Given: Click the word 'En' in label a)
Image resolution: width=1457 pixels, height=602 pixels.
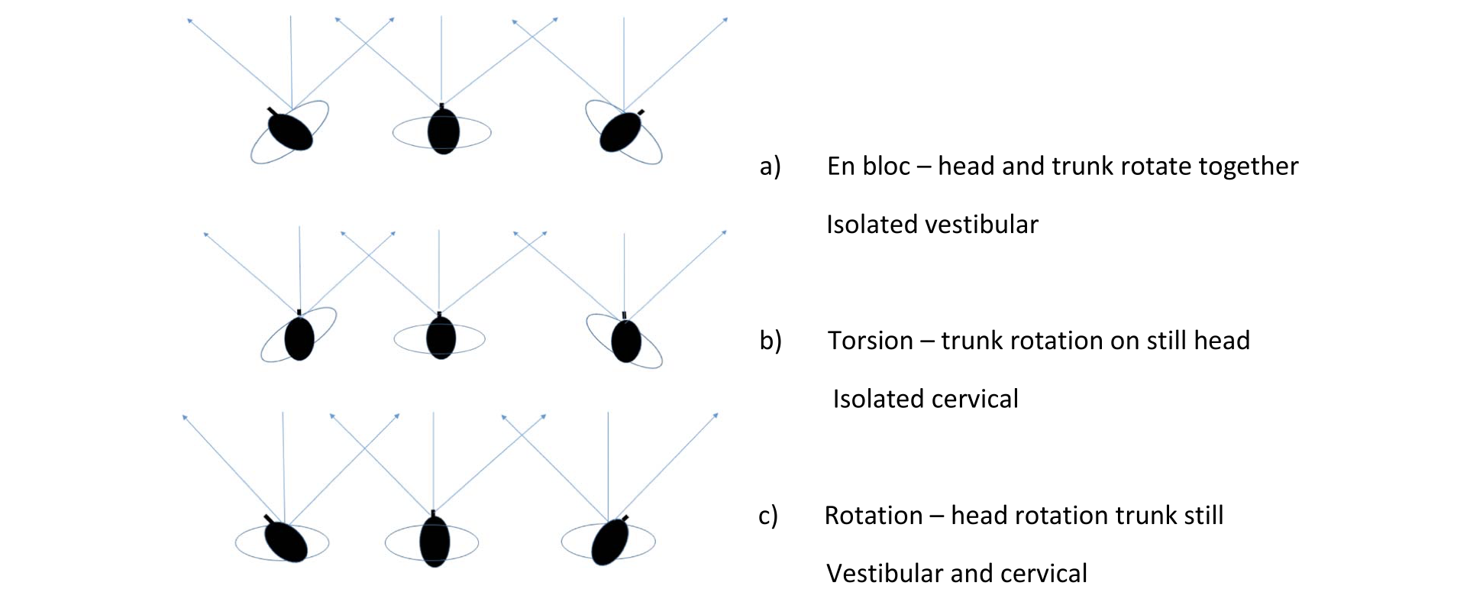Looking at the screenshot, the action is pyautogui.click(x=841, y=166).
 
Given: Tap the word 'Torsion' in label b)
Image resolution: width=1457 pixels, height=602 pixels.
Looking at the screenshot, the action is pyautogui.click(x=871, y=341).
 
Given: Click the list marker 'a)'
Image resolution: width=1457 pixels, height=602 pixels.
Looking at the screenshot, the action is pyautogui.click(x=770, y=167).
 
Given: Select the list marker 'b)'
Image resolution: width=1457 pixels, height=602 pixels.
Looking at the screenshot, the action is pyautogui.click(x=770, y=341).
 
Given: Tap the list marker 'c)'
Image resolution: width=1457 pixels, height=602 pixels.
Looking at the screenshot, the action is pyautogui.click(x=768, y=516).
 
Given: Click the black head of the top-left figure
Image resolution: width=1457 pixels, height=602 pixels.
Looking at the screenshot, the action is pyautogui.click(x=289, y=131).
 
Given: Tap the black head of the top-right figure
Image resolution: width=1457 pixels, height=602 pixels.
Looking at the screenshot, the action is pyautogui.click(x=621, y=131).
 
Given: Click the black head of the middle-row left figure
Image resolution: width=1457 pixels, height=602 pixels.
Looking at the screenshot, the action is pyautogui.click(x=299, y=337).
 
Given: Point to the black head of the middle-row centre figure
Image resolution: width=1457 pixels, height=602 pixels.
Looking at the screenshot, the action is pyautogui.click(x=441, y=337).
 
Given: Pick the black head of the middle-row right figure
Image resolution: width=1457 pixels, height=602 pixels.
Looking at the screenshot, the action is pyautogui.click(x=626, y=340).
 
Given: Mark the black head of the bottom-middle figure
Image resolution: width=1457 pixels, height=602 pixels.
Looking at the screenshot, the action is pyautogui.click(x=435, y=540).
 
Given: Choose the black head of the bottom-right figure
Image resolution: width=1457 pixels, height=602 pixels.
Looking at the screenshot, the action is pyautogui.click(x=609, y=541).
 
